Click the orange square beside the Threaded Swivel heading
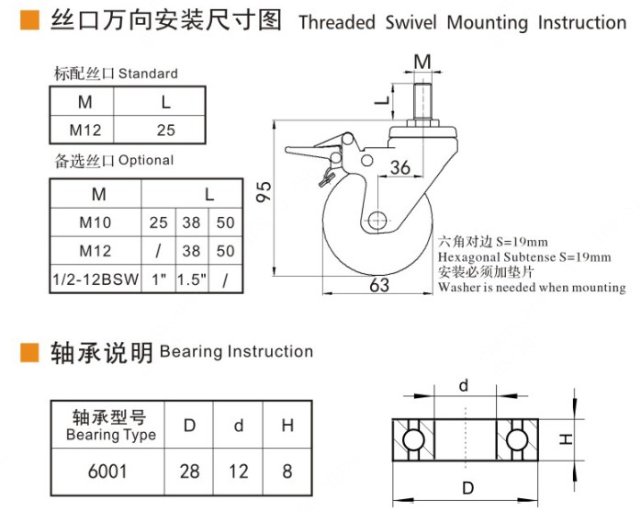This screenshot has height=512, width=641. [28, 20]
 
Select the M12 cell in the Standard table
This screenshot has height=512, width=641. [84, 131]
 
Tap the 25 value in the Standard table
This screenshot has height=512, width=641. [165, 131]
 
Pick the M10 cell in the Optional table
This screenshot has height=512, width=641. [96, 222]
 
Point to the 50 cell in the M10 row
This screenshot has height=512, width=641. [226, 222]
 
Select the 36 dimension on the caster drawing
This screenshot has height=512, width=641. [399, 167]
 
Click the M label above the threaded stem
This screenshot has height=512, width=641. [422, 62]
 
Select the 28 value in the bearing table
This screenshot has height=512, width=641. [190, 472]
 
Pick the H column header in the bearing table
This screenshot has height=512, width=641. [287, 425]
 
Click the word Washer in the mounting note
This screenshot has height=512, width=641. [459, 288]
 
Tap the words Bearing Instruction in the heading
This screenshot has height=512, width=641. [236, 352]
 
